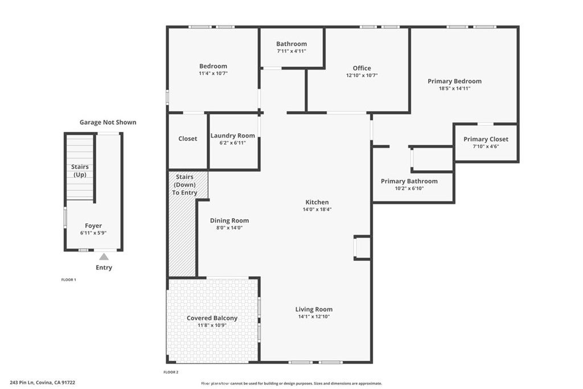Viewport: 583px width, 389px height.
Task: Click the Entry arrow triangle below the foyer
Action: [104, 257]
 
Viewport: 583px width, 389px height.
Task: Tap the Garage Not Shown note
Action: [108, 122]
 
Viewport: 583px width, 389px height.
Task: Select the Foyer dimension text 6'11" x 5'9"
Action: [93, 233]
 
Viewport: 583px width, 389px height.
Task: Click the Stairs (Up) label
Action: [80, 171]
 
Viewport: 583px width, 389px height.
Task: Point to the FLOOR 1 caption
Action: [69, 280]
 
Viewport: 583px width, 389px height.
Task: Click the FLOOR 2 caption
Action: [171, 372]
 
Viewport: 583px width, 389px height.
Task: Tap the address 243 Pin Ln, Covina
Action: [43, 382]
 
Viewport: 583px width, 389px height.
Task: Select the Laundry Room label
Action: [233, 136]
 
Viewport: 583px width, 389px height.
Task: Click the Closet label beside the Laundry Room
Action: [188, 139]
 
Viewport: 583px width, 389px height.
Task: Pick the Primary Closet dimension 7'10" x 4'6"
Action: [486, 146]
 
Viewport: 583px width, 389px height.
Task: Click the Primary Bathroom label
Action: [409, 181]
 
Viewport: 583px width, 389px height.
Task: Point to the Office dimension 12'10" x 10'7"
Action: [362, 75]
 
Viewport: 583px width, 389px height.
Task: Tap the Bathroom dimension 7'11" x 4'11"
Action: [291, 51]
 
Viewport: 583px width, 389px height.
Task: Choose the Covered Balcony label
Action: [212, 318]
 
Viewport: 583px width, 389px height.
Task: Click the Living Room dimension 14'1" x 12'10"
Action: [314, 317]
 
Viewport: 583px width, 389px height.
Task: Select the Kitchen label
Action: [317, 202]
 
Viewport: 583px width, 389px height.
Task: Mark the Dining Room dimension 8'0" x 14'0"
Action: [229, 228]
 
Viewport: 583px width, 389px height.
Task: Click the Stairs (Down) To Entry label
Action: [184, 185]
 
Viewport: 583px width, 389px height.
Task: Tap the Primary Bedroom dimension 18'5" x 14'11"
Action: [455, 88]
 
